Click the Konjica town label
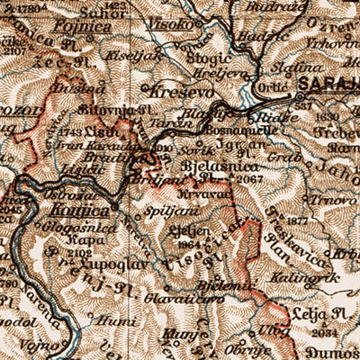point(85,209)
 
